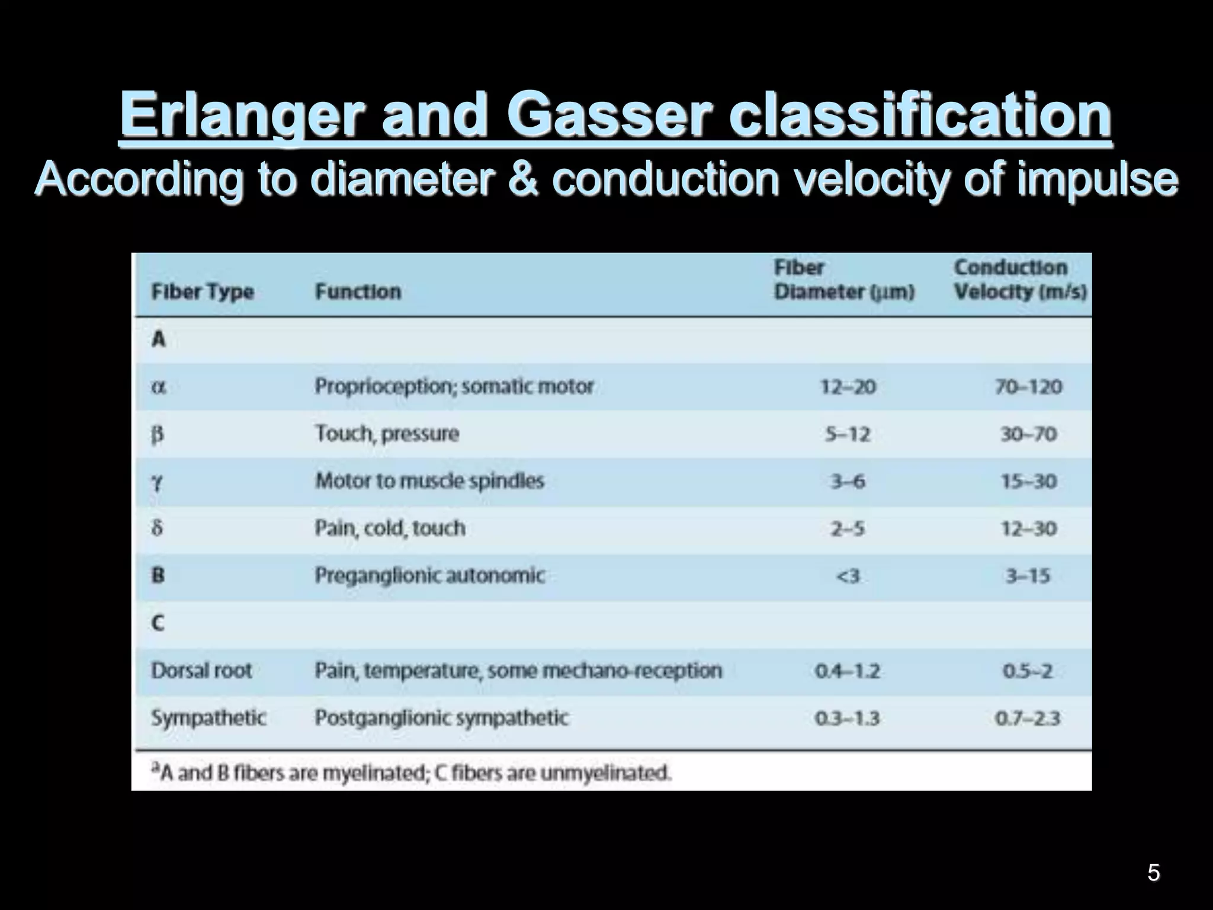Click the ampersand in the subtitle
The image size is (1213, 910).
(522, 179)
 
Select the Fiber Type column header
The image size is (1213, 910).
(203, 291)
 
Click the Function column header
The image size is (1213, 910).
(358, 291)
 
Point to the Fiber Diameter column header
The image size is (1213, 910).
(844, 280)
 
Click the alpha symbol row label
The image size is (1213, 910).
(158, 387)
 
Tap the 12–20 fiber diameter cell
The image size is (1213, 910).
(848, 387)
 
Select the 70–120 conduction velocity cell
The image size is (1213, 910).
(1028, 387)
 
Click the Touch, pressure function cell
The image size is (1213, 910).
(387, 434)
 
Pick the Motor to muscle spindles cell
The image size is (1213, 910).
(429, 481)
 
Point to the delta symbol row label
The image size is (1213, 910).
(157, 528)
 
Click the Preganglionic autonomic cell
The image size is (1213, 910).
(429, 575)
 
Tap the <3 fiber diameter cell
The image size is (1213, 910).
(847, 576)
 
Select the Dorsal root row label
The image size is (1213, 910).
(201, 671)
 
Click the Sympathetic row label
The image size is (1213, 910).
(208, 718)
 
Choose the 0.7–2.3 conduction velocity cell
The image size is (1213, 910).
(1028, 719)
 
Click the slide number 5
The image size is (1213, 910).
(1153, 873)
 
